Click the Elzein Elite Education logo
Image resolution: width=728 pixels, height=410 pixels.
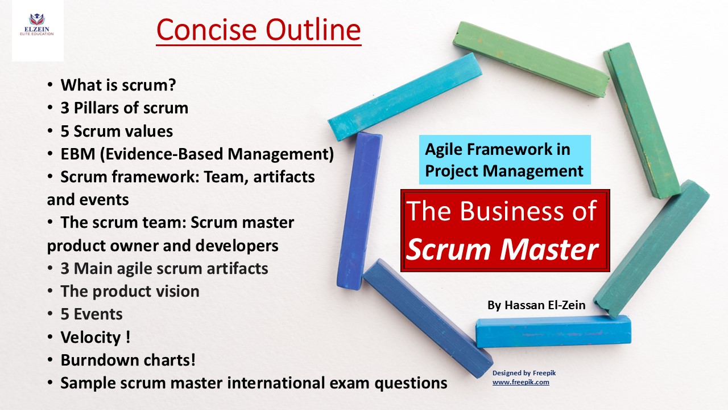pos(37,24)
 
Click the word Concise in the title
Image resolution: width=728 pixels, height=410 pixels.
pos(206,30)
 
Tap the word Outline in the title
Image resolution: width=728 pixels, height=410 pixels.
pos(313,30)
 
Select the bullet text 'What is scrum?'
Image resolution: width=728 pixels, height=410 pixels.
pos(118,85)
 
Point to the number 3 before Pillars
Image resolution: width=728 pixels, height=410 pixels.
pos(65,108)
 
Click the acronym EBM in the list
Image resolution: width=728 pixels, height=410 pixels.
pos(78,154)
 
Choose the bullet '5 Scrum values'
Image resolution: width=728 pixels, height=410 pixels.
pos(117,132)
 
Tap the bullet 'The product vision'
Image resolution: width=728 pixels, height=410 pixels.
pos(130,291)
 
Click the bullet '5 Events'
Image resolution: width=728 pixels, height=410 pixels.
pos(92,314)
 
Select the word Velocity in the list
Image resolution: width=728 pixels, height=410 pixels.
pos(90,338)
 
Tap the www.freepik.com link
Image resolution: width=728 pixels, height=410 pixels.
pos(520,382)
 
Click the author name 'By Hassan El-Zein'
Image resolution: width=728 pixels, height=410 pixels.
pos(536,305)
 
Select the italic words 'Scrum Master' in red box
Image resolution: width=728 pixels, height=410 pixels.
pos(502,249)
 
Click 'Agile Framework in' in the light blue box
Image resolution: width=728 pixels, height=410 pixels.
pos(498,149)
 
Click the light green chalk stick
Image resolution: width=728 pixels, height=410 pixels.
pos(531,59)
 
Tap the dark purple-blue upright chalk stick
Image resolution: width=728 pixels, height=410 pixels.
pos(359,211)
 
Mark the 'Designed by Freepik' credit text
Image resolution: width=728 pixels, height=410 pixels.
pos(524,373)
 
